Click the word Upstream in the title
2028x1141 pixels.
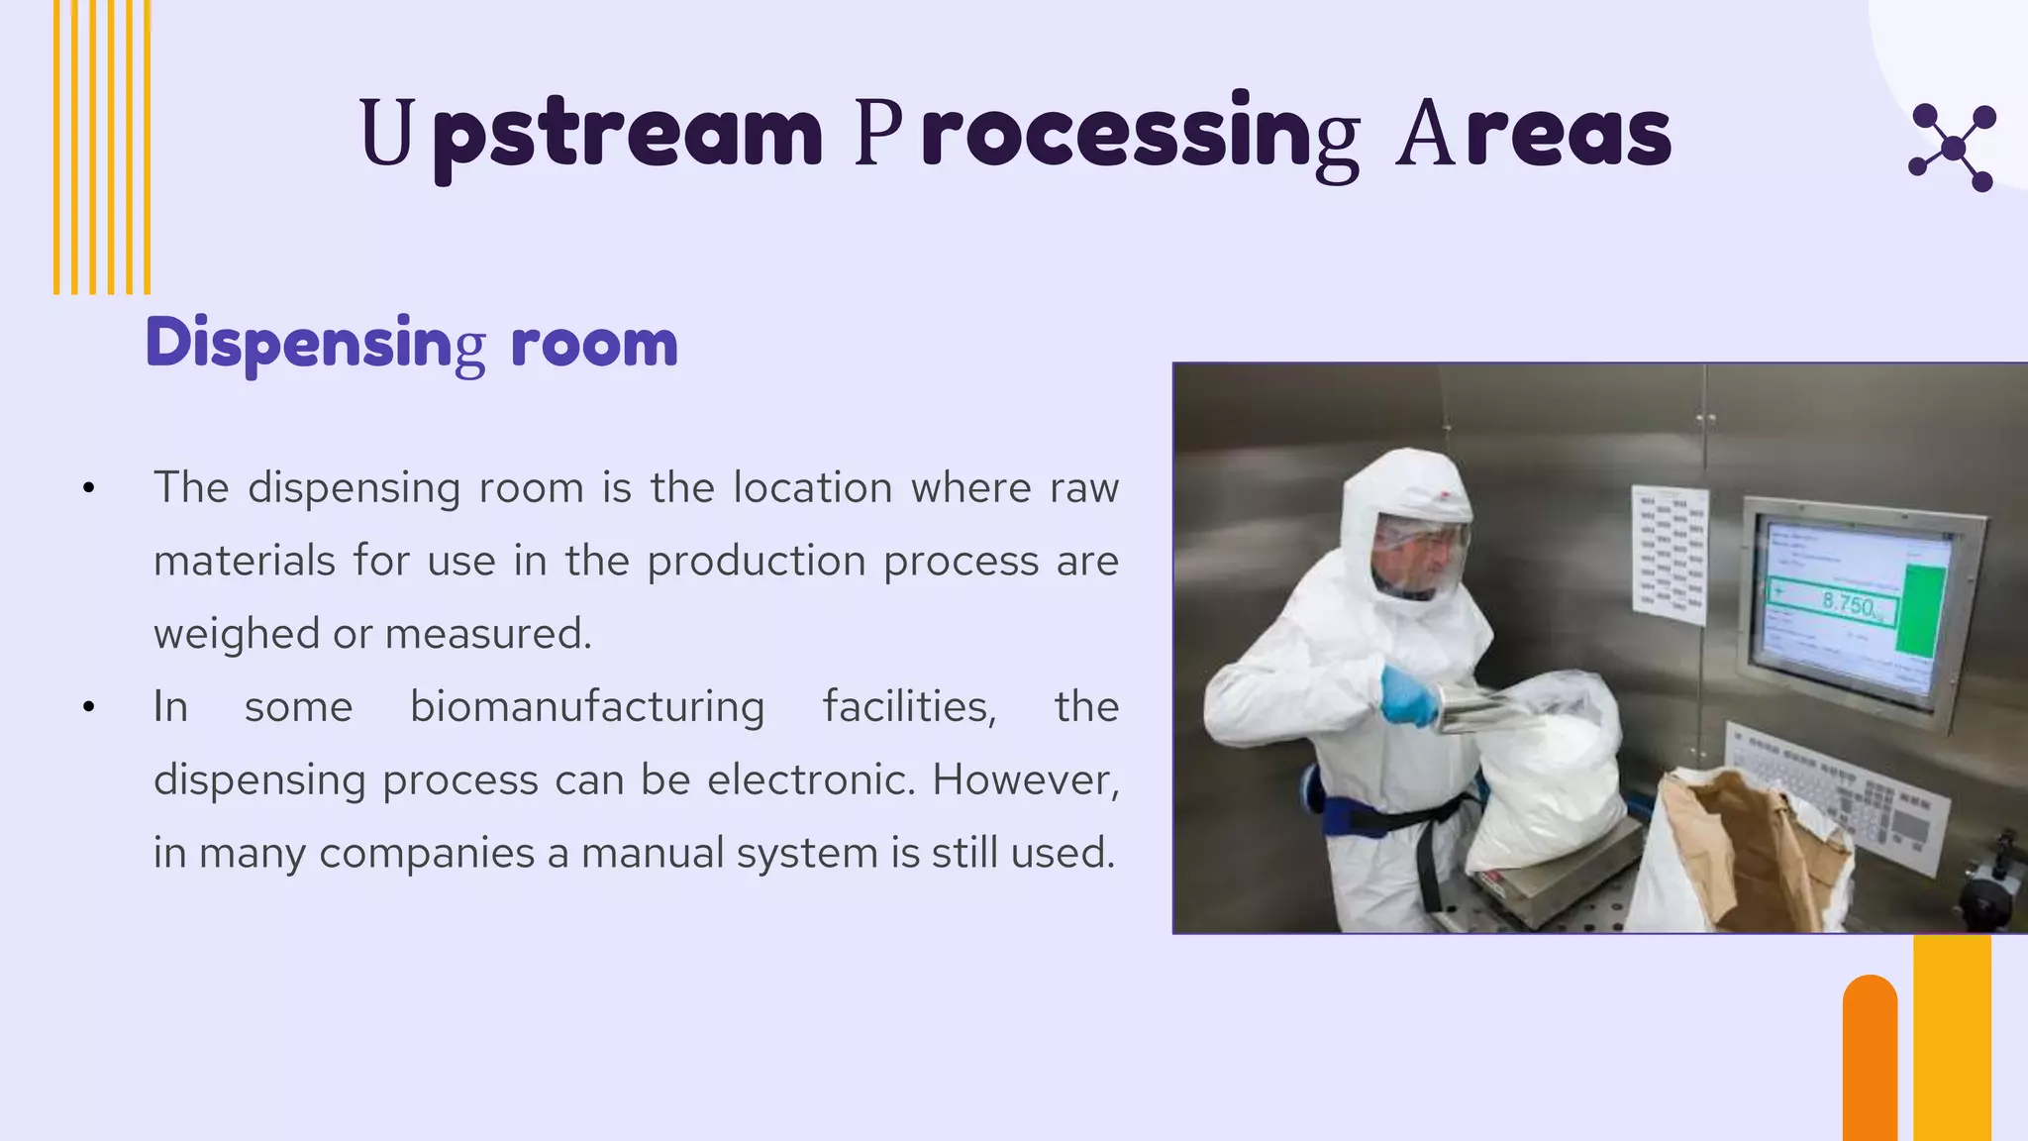591,134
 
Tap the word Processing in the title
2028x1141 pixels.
1107,134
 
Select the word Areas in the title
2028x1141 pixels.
1534,134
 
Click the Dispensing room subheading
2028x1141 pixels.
412,343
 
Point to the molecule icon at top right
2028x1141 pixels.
1952,148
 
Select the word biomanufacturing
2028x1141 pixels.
587,707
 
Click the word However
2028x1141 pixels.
1025,780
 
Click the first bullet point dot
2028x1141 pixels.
89,488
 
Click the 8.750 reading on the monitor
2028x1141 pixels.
1848,603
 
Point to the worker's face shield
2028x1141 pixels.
1419,556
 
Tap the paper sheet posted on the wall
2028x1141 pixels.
1670,554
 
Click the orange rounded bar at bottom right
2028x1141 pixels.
1870,1060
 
